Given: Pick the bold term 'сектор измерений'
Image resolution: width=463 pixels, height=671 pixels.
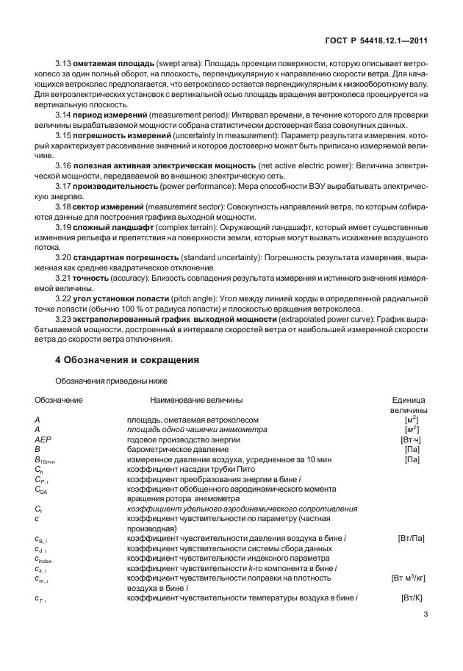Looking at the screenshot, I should [x=109, y=207].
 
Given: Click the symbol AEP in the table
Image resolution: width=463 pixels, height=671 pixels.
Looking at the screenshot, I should [x=42, y=439].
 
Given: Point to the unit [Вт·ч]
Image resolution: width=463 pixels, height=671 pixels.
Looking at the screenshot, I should [x=412, y=439].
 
